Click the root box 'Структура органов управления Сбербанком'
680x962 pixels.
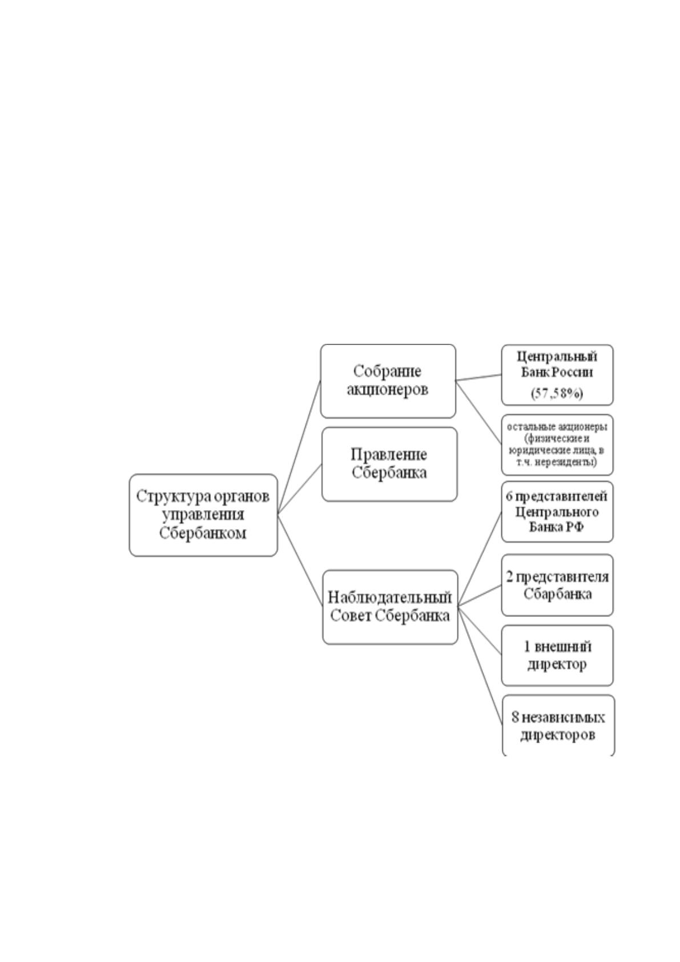point(203,515)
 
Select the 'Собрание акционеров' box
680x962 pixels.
point(388,381)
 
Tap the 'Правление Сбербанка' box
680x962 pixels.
point(389,464)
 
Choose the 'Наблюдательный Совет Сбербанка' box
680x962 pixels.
point(390,607)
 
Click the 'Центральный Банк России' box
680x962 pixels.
point(557,375)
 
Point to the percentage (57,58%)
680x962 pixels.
point(557,394)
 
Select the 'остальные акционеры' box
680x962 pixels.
point(557,445)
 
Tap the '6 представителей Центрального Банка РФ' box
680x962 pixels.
point(557,511)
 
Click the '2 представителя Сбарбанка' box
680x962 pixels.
point(557,585)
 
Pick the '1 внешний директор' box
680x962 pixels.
point(557,655)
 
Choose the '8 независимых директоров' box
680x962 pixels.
point(558,725)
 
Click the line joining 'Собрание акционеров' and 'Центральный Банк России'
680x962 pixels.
point(478,377)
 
